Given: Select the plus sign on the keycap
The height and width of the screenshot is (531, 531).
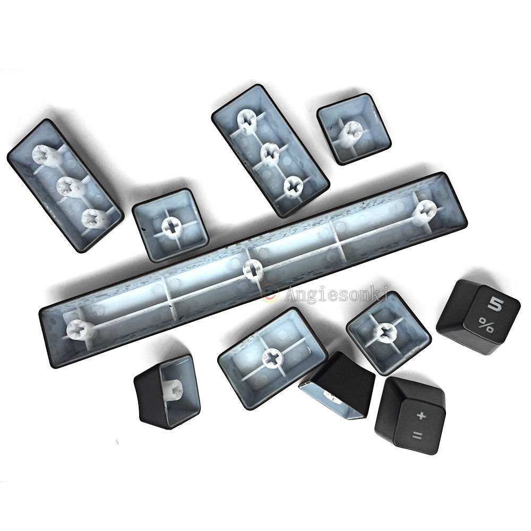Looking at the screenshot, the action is pos(421,415).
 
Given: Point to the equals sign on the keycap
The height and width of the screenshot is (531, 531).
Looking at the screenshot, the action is pos(417,436).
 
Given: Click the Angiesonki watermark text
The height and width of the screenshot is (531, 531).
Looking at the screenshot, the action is pos(336,294).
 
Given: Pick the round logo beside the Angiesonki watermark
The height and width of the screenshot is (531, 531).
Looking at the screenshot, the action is pos(270,293).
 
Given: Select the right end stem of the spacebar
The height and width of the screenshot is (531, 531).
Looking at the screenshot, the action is pos(425,210).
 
